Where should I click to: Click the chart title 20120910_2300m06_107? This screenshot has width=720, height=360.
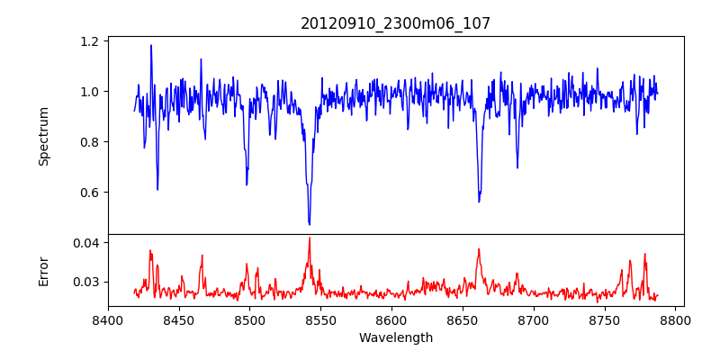pyautogui.click(x=395, y=23)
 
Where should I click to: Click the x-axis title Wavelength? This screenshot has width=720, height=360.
pyautogui.click(x=395, y=337)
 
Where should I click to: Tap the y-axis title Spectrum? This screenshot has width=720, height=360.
pyautogui.click(x=44, y=136)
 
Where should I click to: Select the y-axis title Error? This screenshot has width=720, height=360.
pyautogui.click(x=44, y=270)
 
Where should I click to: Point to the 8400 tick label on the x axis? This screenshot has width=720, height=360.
pyautogui.click(x=108, y=320)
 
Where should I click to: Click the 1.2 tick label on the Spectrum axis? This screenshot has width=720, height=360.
pyautogui.click(x=90, y=41)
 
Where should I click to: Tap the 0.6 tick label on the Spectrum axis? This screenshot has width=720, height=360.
pyautogui.click(x=90, y=193)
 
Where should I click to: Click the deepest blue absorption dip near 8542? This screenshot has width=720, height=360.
pyautogui.click(x=310, y=224)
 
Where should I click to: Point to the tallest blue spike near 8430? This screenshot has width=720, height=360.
pyautogui.click(x=151, y=45)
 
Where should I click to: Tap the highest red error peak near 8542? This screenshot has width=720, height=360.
pyautogui.click(x=310, y=238)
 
